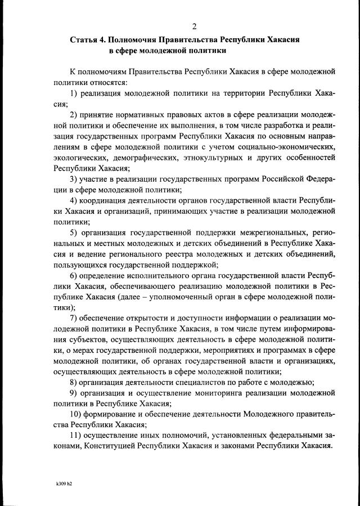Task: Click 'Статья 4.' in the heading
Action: point(87,41)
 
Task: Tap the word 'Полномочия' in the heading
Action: point(134,41)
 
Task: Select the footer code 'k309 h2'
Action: point(64,483)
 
